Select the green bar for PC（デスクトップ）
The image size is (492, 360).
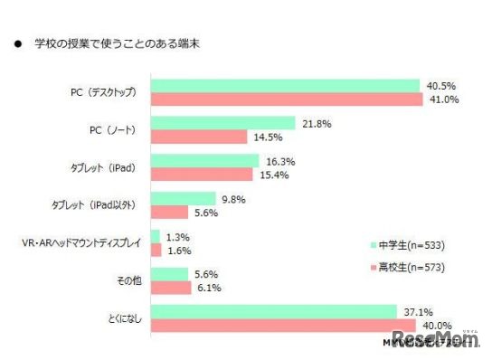point(286,86)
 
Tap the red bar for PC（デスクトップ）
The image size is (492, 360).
point(287,99)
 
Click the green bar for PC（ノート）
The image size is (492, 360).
point(222,123)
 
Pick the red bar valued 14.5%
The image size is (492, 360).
point(198,137)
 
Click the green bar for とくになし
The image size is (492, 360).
point(274,312)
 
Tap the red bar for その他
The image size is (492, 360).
point(170,287)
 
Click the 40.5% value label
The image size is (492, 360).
point(440,86)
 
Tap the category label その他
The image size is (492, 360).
point(125,280)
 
